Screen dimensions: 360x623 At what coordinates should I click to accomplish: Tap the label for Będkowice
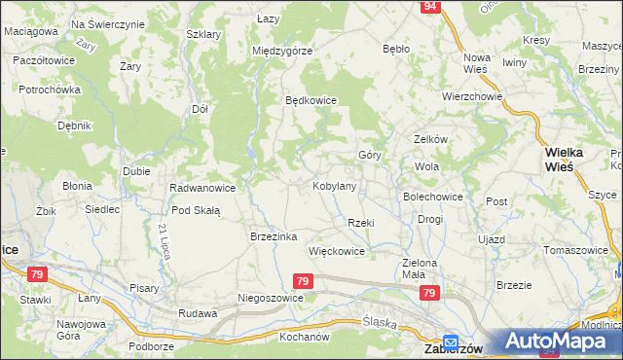tap(310, 100)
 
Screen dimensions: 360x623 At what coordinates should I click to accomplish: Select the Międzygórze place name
tap(280, 51)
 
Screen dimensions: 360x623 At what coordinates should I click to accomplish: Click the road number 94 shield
tap(430, 7)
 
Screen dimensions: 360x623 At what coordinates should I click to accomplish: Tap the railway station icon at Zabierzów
tap(451, 342)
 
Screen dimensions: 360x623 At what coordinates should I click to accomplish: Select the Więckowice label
tap(336, 251)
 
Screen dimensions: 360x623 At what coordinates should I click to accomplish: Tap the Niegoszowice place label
tap(271, 298)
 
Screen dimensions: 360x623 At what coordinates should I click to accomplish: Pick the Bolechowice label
tap(433, 197)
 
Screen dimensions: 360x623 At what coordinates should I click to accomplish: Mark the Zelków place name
tap(430, 139)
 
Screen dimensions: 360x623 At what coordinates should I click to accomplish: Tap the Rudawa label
tap(197, 313)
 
